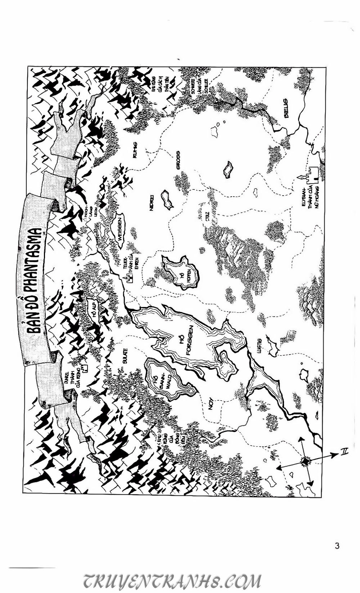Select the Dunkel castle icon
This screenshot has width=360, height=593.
point(85,369)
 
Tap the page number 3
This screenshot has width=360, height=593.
point(337,545)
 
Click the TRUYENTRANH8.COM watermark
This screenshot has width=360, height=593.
point(172,581)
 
